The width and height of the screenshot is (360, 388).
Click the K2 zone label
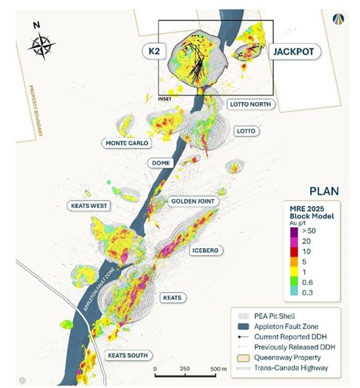(x=154, y=50)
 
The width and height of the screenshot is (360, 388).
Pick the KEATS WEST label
(x=90, y=205)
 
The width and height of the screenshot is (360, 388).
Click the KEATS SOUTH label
(x=127, y=355)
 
